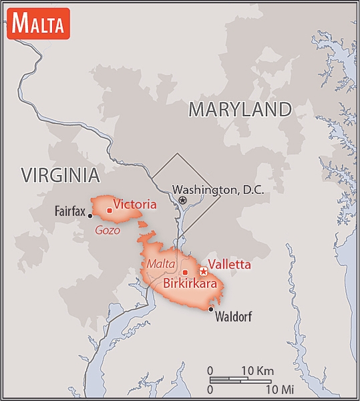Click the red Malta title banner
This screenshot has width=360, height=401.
(x=37, y=24)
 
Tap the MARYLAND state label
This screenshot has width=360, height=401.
(x=240, y=110)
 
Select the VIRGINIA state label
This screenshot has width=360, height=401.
(x=60, y=175)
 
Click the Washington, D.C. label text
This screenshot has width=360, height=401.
(x=218, y=190)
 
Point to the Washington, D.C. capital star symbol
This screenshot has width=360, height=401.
(x=182, y=200)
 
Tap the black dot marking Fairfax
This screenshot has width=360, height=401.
(x=90, y=215)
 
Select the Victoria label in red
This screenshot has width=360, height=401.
(x=135, y=205)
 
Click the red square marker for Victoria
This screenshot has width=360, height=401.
(x=109, y=210)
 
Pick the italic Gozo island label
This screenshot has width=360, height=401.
(x=108, y=230)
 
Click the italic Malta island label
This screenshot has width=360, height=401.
(x=161, y=263)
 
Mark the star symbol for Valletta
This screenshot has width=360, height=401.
(x=204, y=271)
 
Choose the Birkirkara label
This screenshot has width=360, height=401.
(x=190, y=283)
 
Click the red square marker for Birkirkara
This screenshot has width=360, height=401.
(x=185, y=272)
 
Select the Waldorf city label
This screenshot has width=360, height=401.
(x=233, y=317)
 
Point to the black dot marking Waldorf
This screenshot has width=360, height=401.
(x=211, y=309)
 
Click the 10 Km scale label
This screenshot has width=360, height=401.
(x=256, y=371)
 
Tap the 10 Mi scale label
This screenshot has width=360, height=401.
(x=278, y=388)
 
